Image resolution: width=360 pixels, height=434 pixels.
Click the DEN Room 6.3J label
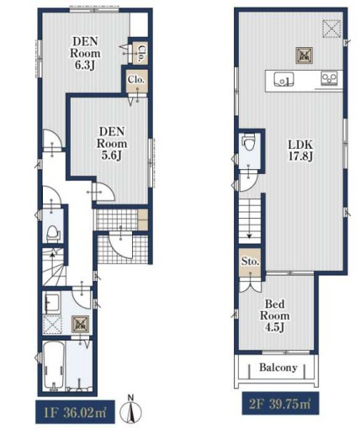point(85,53)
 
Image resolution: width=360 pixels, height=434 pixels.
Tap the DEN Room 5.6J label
point(112,143)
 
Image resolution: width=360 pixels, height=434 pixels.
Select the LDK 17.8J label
point(300,151)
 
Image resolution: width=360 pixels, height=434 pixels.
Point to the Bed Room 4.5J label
point(275,315)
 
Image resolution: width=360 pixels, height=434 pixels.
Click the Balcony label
point(278,367)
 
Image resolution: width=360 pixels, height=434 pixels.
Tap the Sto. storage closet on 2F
point(250,263)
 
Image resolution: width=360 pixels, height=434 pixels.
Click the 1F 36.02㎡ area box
point(75,412)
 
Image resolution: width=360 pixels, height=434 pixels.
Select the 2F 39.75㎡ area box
point(280,403)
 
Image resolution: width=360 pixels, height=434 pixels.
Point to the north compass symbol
point(130,410)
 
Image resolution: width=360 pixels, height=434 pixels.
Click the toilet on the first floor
point(52,234)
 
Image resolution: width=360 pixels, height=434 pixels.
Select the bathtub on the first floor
point(54,366)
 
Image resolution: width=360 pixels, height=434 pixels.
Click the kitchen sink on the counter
point(283,79)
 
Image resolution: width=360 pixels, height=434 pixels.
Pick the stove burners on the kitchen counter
point(329,78)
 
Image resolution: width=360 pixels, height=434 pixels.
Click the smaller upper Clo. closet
point(140,53)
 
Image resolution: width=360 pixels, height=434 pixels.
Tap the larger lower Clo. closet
point(136,81)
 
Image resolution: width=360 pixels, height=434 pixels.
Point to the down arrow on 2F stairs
point(250,225)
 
